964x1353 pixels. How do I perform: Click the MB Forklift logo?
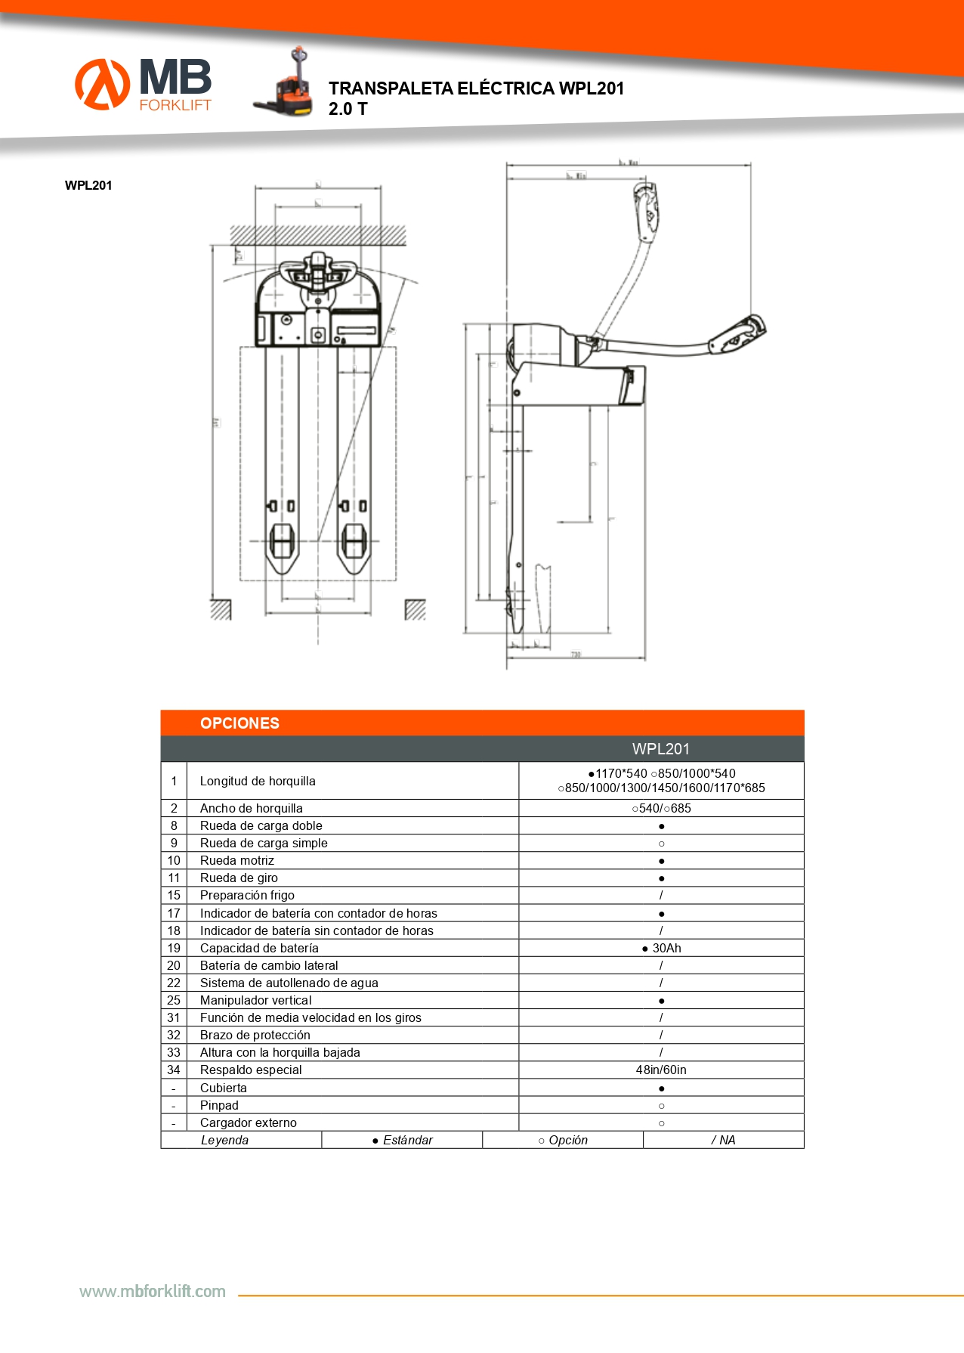click(144, 84)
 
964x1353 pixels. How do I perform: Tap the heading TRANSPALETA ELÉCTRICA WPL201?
click(476, 88)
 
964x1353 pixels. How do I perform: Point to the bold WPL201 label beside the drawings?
click(88, 185)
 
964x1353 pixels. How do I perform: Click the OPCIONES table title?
click(239, 723)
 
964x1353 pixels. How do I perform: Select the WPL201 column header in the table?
click(660, 749)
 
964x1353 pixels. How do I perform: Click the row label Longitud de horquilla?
click(258, 781)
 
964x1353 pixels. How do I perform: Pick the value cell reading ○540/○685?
click(661, 808)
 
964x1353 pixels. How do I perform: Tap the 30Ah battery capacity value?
click(662, 948)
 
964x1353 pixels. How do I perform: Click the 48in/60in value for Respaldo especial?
click(661, 1070)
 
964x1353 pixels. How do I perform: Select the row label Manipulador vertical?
click(255, 1000)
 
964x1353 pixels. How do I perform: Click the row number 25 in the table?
click(174, 1000)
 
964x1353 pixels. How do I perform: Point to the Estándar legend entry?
click(403, 1140)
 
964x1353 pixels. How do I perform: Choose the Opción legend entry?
click(563, 1140)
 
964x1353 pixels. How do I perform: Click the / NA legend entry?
click(723, 1140)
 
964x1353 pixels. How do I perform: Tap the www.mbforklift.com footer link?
click(153, 1291)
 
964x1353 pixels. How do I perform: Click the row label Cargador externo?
click(249, 1122)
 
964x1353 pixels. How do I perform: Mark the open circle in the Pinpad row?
click(661, 1106)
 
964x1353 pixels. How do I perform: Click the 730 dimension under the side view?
click(576, 655)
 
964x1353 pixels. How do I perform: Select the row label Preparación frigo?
click(247, 895)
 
